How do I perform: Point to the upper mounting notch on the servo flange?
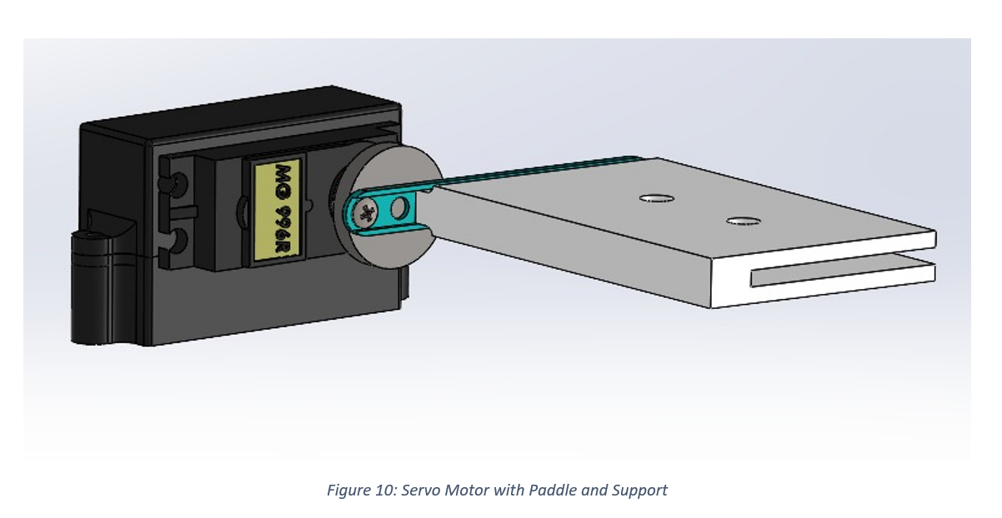point(176,182)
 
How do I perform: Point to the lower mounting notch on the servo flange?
point(176,242)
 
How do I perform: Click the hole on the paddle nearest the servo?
point(656,198)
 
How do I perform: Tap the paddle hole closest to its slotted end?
point(742,222)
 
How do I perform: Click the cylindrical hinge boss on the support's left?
point(92,287)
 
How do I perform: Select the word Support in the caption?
point(639,491)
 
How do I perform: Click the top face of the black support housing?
point(242,112)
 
